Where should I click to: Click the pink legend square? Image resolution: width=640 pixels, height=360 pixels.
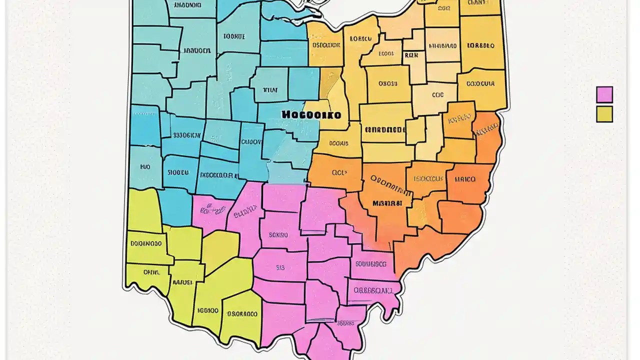pyautogui.click(x=604, y=94)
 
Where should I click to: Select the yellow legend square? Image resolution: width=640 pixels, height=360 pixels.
pyautogui.click(x=604, y=114)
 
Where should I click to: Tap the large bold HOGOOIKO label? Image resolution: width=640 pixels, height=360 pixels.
pyautogui.click(x=311, y=114)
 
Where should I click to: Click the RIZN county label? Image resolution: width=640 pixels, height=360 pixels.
pyautogui.click(x=411, y=55)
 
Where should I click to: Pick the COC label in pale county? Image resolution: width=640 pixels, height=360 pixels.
pyautogui.click(x=437, y=94)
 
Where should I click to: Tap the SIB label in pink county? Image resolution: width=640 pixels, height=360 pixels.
pyautogui.click(x=280, y=267)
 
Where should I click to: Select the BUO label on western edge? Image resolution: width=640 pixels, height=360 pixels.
pyautogui.click(x=145, y=167)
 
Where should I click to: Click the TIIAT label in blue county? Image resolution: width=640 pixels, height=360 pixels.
pyautogui.click(x=270, y=90)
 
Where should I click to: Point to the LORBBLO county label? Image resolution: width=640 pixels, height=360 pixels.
pyautogui.click(x=480, y=45)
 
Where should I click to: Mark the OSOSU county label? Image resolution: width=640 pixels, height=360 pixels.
pyautogui.click(x=387, y=83)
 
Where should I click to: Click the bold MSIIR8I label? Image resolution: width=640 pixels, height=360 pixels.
pyautogui.click(x=387, y=203)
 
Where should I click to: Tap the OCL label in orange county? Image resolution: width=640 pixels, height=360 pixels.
pyautogui.click(x=339, y=173)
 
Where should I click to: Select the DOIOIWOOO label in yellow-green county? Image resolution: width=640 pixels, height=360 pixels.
pyautogui.click(x=146, y=243)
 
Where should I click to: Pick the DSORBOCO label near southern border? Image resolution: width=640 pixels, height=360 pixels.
pyautogui.click(x=242, y=314)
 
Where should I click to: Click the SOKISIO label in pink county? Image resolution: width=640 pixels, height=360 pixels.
pyautogui.click(x=278, y=234)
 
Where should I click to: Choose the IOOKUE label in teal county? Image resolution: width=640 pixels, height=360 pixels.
pyautogui.click(x=235, y=36)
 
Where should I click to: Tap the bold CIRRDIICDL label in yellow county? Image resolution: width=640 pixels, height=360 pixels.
pyautogui.click(x=385, y=129)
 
